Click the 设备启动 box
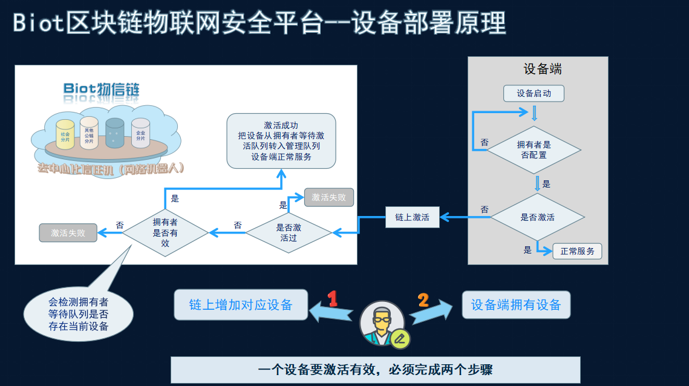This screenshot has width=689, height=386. tap(534, 93)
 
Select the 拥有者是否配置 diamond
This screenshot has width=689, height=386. tap(534, 150)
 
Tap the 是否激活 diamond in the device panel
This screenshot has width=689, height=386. tap(537, 217)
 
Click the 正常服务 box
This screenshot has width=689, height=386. tap(577, 251)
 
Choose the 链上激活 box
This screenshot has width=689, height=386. tap(412, 217)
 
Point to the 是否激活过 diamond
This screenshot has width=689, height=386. tap(289, 232)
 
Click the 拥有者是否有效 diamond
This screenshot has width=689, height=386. tap(165, 232)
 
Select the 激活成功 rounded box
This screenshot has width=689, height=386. tap(281, 140)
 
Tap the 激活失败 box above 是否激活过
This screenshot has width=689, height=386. tap(328, 197)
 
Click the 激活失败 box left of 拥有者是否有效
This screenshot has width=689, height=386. tap(68, 232)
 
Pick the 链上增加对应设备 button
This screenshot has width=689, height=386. tap(241, 304)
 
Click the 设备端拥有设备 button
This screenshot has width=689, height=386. tap(516, 305)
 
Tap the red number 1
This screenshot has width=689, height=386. tap(332, 298)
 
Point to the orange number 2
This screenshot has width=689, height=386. tap(423, 300)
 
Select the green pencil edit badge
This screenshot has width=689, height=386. tap(400, 339)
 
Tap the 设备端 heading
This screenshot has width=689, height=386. tap(542, 69)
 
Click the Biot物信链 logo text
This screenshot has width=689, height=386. tap(102, 90)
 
